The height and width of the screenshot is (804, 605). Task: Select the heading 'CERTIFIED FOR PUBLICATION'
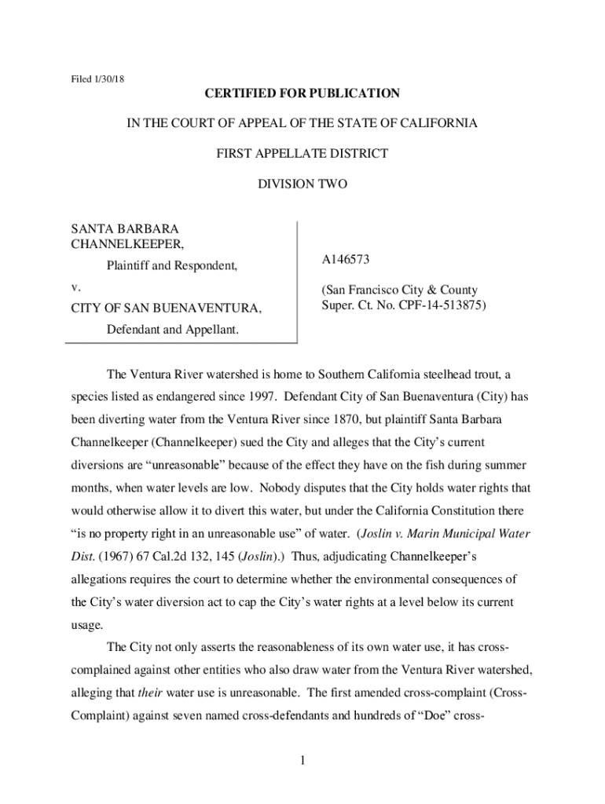tap(302, 94)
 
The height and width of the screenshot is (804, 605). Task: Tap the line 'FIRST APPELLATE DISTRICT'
tap(302, 154)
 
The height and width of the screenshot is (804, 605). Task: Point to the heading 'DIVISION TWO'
tap(302, 185)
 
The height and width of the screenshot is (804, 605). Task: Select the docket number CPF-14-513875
tap(444, 305)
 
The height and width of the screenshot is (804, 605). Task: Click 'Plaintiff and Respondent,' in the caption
tap(172, 266)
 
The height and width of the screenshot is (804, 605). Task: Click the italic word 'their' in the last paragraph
tap(148, 693)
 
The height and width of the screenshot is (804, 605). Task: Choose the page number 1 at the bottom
tap(302, 760)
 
